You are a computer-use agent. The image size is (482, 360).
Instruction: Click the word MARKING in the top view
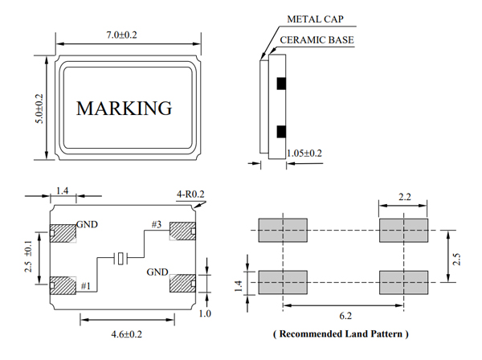[124, 108]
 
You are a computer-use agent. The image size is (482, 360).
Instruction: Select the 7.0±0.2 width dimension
[123, 35]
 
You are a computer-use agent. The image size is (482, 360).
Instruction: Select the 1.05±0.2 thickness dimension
[304, 153]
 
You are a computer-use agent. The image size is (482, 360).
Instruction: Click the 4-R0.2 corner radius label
[190, 194]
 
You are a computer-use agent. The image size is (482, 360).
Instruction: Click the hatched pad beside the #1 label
[61, 284]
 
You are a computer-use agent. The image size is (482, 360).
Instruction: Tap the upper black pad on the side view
[280, 83]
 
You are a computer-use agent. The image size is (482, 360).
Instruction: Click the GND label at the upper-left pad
[87, 225]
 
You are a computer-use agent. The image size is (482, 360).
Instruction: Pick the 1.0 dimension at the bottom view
[206, 314]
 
